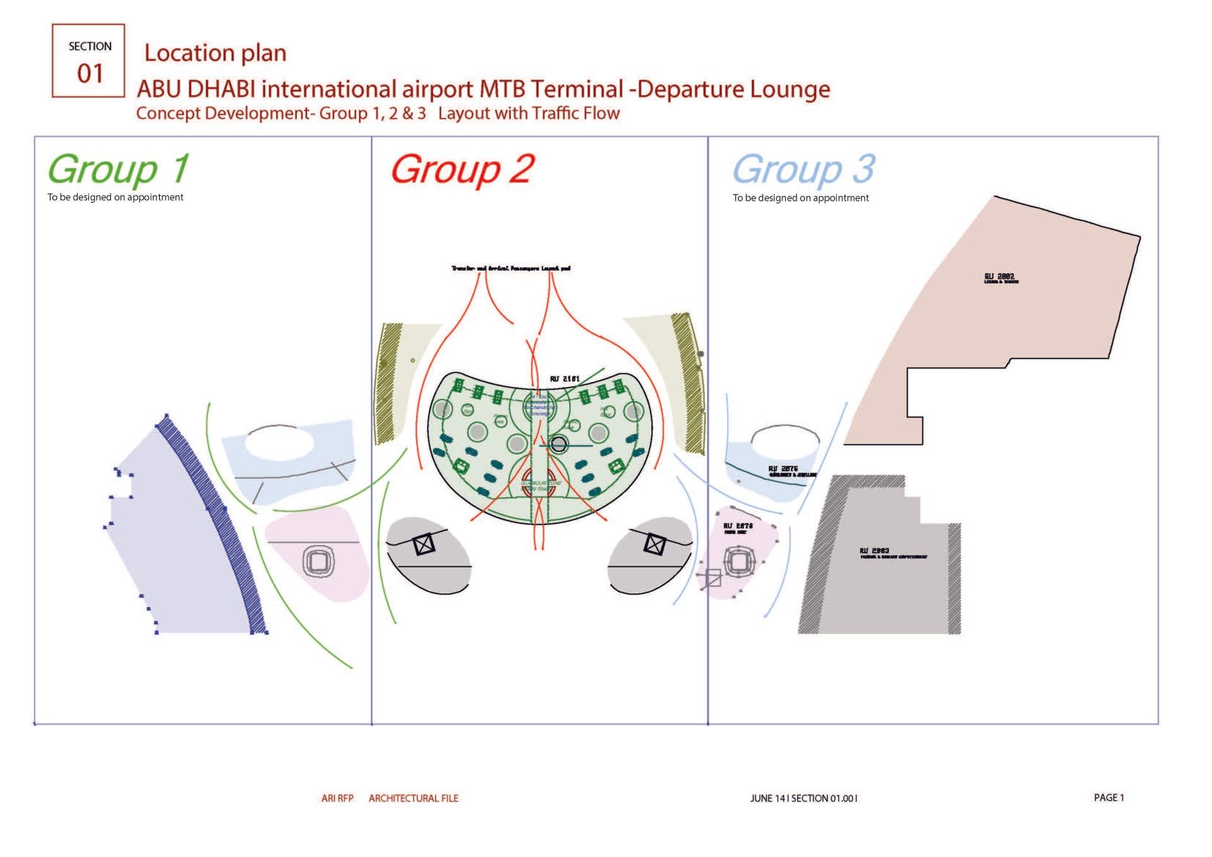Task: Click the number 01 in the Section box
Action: [x=90, y=73]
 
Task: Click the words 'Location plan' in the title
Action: [x=215, y=53]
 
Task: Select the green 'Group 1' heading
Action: [x=118, y=170]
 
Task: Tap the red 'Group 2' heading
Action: [x=463, y=170]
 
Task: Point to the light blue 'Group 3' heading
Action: [x=804, y=170]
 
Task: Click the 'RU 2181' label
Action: [x=564, y=379]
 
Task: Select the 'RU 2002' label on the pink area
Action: [x=1000, y=277]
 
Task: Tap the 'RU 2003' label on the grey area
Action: [x=874, y=551]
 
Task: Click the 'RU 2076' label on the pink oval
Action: [x=738, y=526]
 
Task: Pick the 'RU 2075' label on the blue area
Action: [x=783, y=469]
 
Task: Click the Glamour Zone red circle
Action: [x=540, y=481]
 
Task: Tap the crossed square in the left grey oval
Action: [x=424, y=544]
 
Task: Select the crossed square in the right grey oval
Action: [x=655, y=544]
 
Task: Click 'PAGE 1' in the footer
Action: [x=1108, y=798]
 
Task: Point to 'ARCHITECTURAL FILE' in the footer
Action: [x=413, y=798]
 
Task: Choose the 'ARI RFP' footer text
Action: [x=337, y=798]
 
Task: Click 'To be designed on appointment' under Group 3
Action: [x=800, y=198]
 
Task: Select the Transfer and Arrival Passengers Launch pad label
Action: [x=511, y=268]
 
